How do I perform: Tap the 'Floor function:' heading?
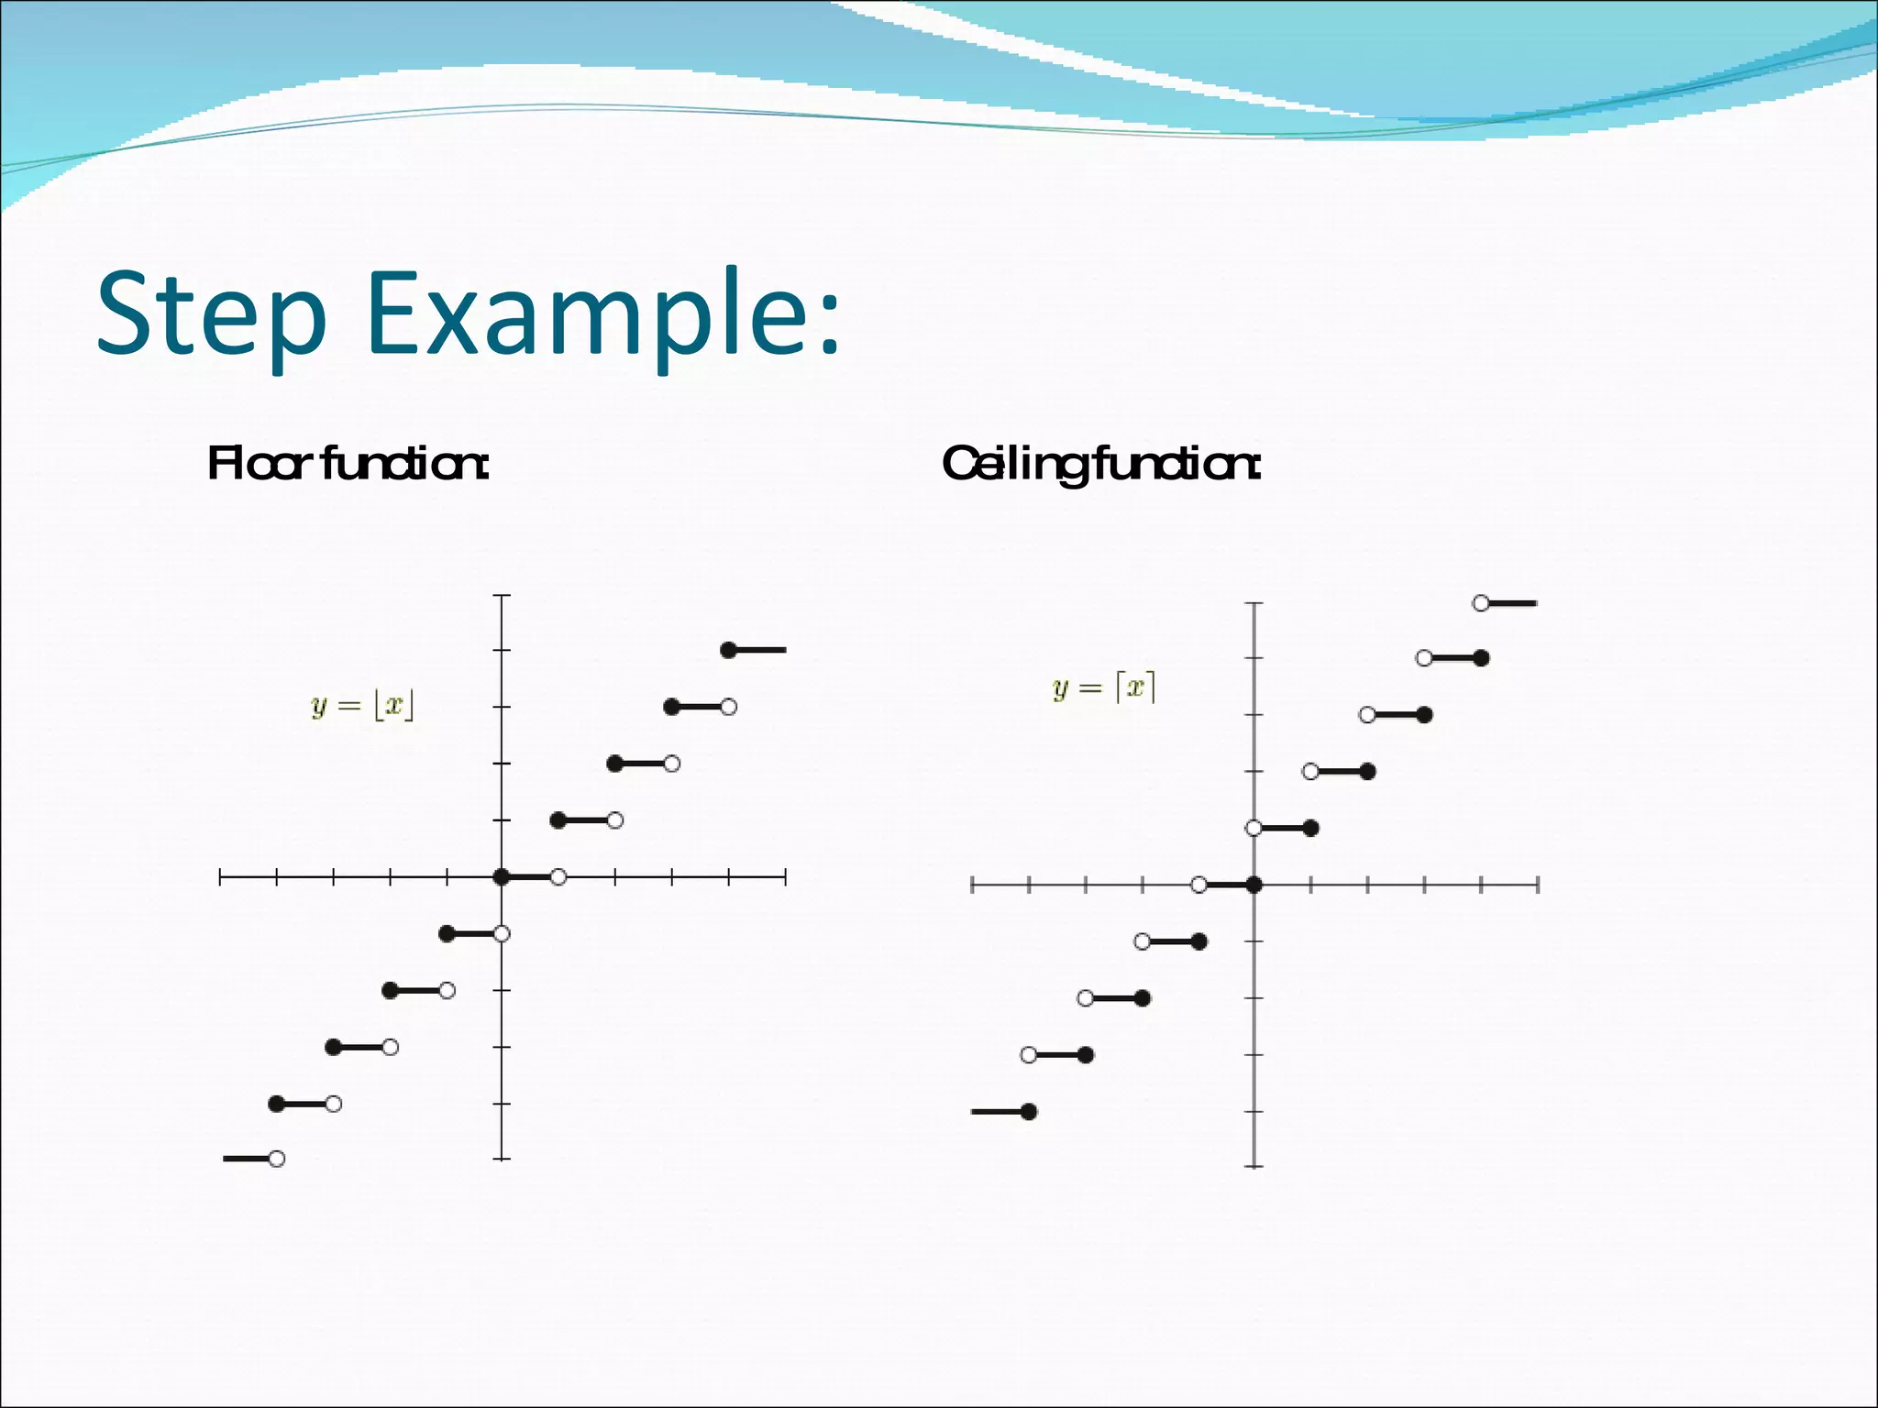coord(348,464)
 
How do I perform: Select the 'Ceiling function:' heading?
coord(1101,464)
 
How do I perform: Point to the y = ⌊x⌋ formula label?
coord(363,706)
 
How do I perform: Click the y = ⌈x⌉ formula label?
coord(1104,687)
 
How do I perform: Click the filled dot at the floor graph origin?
coord(501,877)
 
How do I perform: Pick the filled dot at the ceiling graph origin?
coord(1254,885)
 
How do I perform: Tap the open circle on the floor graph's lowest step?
coord(277,1159)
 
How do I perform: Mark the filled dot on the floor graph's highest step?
coord(728,650)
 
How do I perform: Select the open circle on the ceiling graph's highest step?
coord(1481,603)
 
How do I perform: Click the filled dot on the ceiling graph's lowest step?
coord(1029,1112)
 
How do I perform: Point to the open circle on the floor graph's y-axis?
coord(502,934)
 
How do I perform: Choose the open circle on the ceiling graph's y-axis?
coord(1254,828)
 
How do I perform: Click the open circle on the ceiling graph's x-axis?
coord(1199,885)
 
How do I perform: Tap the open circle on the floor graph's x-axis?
coord(558,877)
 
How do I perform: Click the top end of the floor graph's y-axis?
coord(502,596)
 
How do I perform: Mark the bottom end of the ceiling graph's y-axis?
coord(1254,1166)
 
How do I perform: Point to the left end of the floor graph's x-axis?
coord(220,877)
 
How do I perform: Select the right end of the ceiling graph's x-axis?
coord(1538,885)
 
